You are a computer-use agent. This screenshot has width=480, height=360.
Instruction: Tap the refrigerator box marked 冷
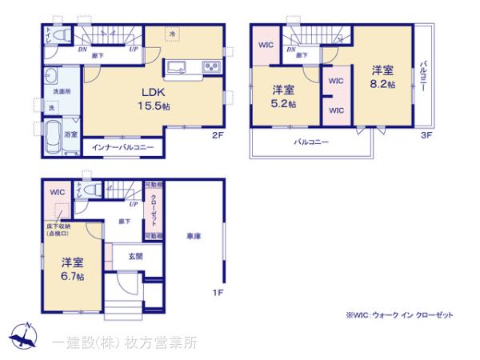[x=174, y=33]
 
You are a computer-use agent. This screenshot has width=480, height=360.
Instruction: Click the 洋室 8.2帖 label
[x=380, y=77]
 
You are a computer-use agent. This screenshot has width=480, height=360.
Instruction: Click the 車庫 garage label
[x=192, y=237]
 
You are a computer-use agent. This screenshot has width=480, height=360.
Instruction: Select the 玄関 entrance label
[x=135, y=256]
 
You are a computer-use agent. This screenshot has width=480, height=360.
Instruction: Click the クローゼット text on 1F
[x=153, y=211]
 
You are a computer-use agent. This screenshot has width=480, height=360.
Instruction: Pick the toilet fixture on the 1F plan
[x=94, y=190]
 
